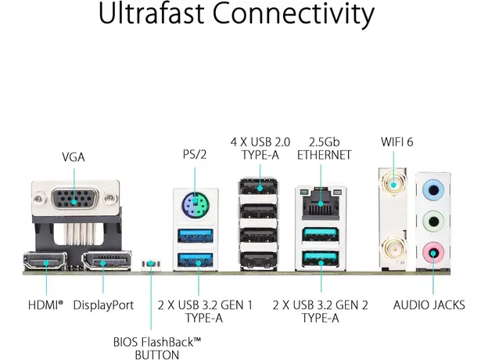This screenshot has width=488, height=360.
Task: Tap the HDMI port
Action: (x=46, y=261)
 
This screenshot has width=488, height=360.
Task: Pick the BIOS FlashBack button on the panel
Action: (x=150, y=265)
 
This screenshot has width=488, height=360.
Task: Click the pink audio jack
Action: (x=432, y=252)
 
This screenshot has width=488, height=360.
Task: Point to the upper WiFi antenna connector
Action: (x=392, y=185)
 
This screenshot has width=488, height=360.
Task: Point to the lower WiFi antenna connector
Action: (x=392, y=252)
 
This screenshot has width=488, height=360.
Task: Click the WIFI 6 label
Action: (x=396, y=142)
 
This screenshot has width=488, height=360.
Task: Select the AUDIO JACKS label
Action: (x=429, y=304)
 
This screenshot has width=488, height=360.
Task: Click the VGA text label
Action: (x=74, y=157)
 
